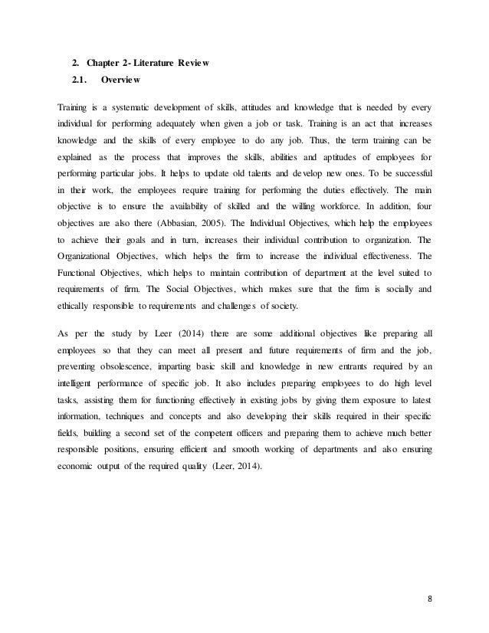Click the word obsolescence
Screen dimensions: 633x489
click(x=135, y=408)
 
